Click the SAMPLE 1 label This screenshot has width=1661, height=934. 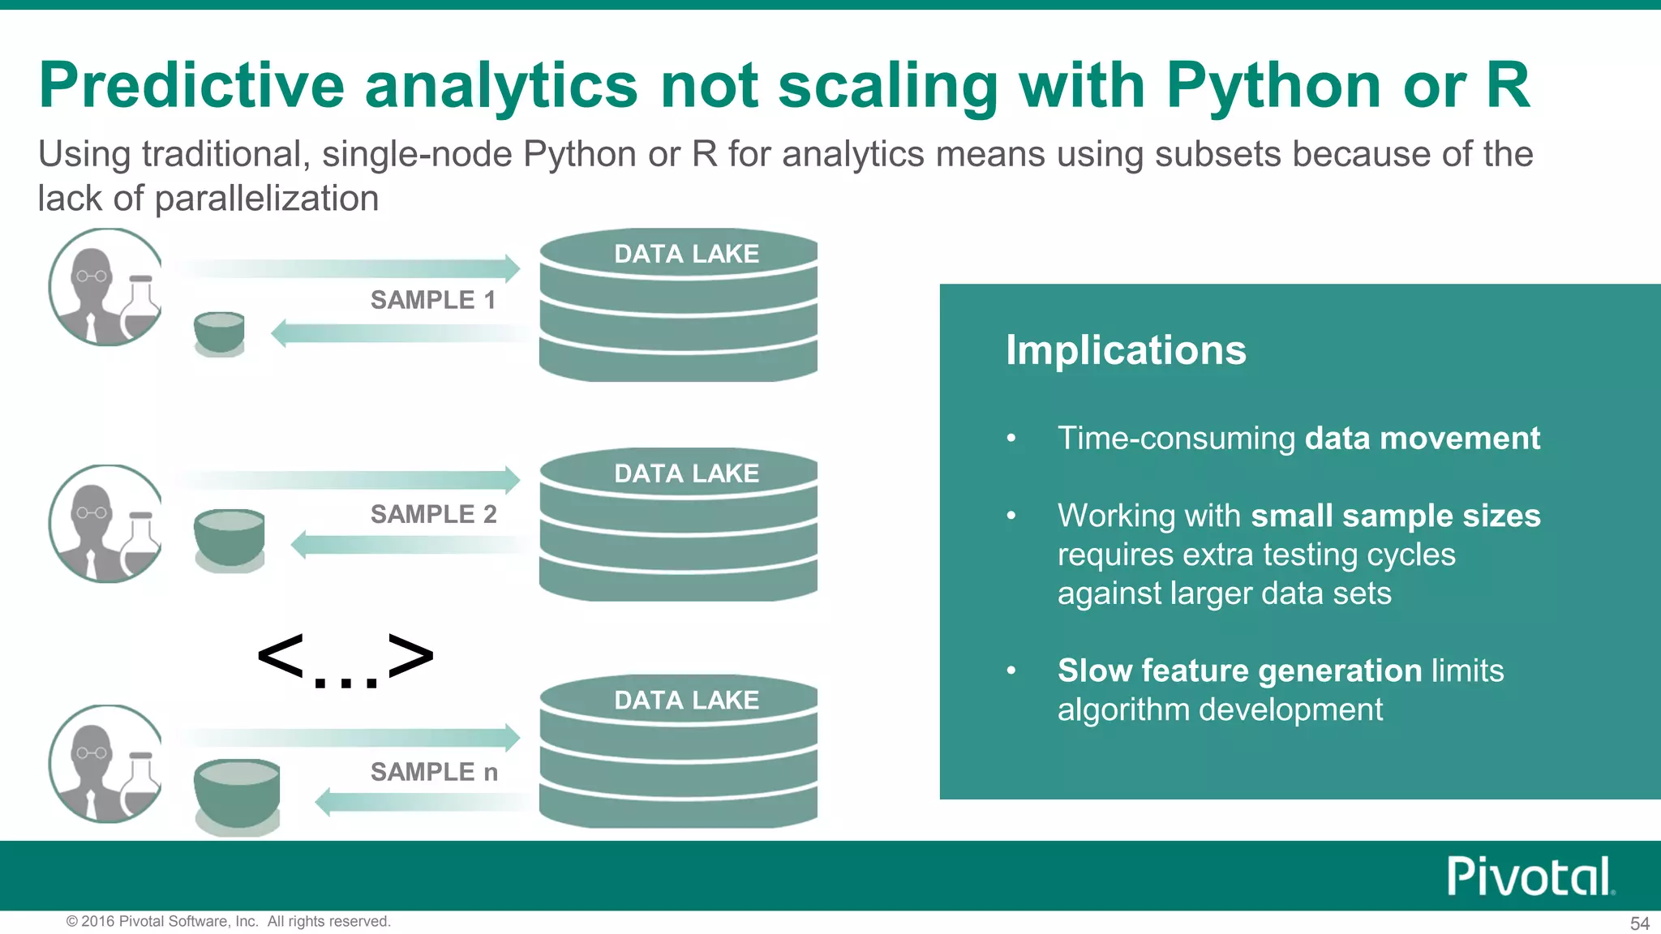(432, 300)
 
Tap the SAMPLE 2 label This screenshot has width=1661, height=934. (433, 514)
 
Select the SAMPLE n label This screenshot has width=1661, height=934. (434, 772)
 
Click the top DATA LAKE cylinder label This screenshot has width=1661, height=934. (686, 254)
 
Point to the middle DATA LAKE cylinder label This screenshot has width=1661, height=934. (686, 473)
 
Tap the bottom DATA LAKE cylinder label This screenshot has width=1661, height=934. (686, 700)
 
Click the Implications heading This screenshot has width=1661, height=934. (1126, 350)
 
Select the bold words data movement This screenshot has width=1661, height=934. (1422, 439)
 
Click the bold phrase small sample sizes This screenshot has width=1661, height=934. (1395, 516)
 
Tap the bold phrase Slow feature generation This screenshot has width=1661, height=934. (1239, 671)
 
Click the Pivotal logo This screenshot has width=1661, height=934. (1530, 876)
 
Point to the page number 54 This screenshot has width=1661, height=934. (1639, 923)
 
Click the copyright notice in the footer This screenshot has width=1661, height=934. (228, 921)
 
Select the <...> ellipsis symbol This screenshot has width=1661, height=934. (346, 658)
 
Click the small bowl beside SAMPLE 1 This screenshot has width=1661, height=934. (219, 333)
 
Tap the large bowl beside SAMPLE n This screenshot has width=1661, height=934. (237, 795)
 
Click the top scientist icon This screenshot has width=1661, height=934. (105, 287)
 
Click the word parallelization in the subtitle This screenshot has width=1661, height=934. (266, 199)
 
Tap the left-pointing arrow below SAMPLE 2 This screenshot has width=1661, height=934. (410, 544)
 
